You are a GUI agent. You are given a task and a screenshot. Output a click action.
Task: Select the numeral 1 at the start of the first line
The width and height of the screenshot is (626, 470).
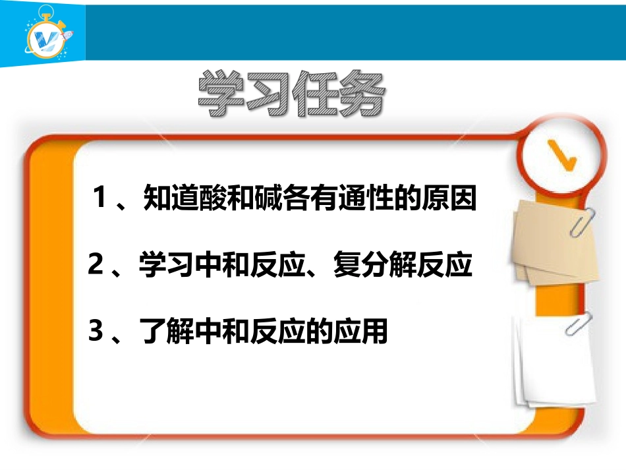point(100,198)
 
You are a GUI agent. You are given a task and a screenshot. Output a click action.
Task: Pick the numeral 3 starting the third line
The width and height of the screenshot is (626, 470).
point(96,332)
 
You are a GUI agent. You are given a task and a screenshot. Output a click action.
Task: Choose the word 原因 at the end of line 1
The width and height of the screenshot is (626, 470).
point(457,199)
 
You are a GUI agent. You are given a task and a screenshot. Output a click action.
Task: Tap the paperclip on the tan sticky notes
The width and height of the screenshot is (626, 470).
point(583,221)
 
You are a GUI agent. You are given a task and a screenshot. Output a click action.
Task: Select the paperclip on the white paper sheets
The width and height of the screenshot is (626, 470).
point(579,323)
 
